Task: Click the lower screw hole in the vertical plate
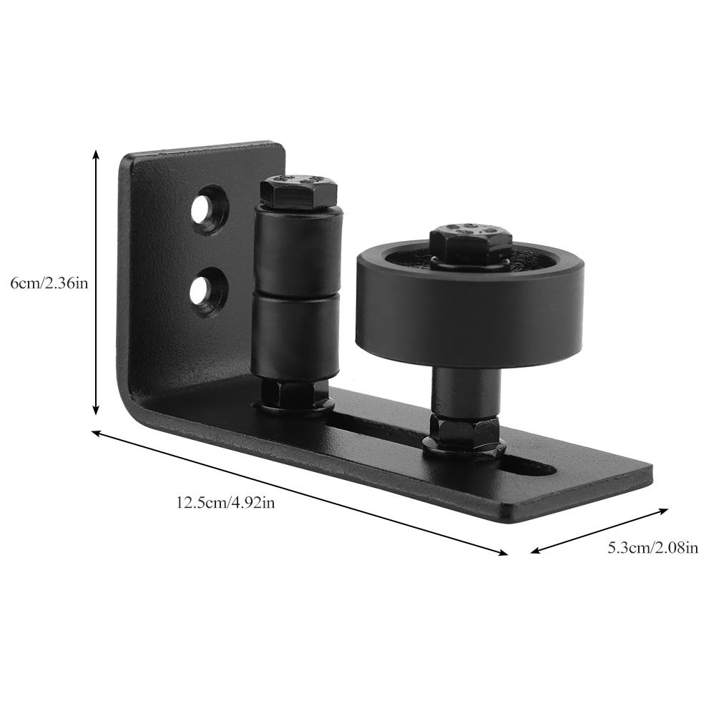pos(207,289)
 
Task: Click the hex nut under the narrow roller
pos(293,395)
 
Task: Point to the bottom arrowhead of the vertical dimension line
pos(96,411)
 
